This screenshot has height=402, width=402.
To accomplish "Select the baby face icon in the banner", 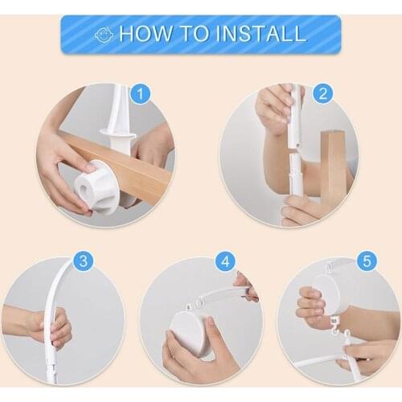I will tap(103, 35).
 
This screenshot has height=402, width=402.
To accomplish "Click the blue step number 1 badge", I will tap(140, 94).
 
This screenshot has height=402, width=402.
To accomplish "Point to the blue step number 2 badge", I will tap(322, 94).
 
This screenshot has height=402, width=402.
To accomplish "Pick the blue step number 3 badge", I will tap(84, 261).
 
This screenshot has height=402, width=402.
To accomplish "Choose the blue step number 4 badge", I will tap(227, 261).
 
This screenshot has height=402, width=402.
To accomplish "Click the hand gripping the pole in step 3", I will tap(52, 328).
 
